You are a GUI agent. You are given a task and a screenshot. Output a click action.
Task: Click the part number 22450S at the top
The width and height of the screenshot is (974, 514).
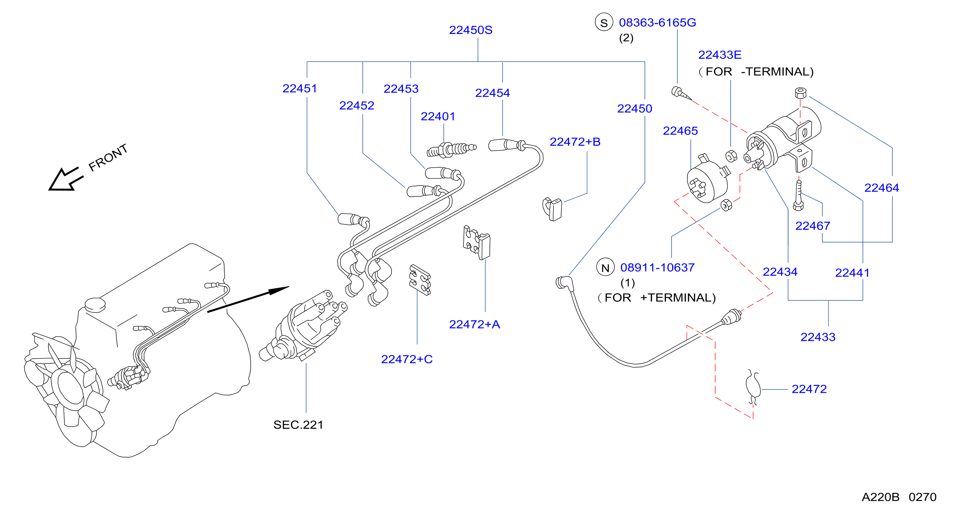470,30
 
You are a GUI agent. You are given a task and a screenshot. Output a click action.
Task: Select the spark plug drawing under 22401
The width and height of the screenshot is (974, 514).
451,150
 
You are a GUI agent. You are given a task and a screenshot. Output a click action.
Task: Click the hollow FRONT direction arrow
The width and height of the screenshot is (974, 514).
66,179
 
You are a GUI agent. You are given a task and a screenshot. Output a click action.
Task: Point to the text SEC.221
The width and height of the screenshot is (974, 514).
298,425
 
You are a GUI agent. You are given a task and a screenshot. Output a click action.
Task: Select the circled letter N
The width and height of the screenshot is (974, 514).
605,267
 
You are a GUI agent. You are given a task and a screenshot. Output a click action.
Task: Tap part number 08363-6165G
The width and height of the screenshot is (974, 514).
657,23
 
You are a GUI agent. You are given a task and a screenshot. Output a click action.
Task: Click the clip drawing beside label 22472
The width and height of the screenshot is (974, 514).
753,387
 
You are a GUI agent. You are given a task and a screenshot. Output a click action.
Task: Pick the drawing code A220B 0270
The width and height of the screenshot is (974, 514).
899,497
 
